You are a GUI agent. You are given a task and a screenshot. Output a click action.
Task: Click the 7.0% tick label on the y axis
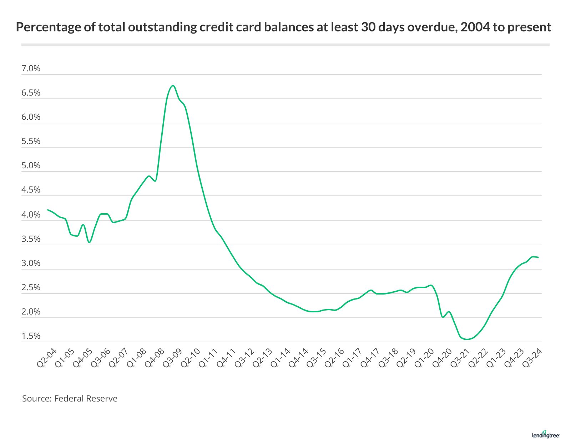tap(31, 68)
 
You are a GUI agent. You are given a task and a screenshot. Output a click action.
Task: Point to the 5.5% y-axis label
tap(31, 141)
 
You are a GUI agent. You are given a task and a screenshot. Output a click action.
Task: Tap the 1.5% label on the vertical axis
tap(31, 336)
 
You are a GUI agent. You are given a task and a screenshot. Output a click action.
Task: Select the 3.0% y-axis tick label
tap(31, 263)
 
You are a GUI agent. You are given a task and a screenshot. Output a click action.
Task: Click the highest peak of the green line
tap(173, 86)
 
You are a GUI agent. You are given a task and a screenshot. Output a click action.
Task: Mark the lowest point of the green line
tap(466, 339)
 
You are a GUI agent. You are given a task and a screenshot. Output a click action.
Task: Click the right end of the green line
tap(538, 257)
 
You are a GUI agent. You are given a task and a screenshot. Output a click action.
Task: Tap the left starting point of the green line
tap(48, 210)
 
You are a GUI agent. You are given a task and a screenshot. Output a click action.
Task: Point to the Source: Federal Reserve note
tap(70, 398)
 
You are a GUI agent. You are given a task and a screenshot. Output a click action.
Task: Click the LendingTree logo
tap(546, 435)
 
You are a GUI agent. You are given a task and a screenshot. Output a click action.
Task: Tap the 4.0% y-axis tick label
tap(31, 215)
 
